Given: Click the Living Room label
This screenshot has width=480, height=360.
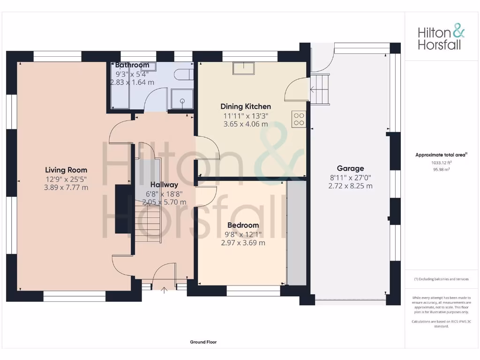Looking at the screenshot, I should point(66,170).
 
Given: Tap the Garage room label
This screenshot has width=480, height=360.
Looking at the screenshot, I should point(350,168).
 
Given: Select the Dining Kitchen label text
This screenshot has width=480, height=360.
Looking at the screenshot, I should point(246,106).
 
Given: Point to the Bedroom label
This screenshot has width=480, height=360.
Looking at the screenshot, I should point(243,225).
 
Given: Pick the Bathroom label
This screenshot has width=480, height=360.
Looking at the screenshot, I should point(132,65).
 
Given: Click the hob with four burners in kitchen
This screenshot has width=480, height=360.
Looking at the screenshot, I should point(299,120).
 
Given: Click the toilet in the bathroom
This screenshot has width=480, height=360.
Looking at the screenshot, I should point(183,75).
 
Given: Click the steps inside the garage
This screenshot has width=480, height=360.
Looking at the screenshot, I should point(321,90).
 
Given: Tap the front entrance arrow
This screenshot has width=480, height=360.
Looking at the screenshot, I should point(164,290).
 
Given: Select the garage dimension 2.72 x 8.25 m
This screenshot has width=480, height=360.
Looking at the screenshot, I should point(350,186).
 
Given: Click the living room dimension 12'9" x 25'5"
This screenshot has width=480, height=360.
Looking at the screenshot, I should point(66,179).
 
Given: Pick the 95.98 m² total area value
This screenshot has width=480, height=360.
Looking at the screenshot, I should point(442,170).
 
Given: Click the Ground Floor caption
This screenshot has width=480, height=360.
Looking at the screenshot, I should point(203,342).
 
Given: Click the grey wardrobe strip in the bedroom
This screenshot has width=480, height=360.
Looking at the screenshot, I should point(296,233).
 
